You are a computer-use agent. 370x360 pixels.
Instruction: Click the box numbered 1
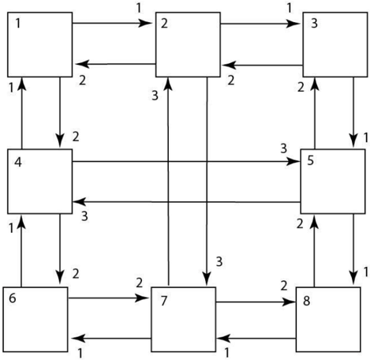coord(40,44)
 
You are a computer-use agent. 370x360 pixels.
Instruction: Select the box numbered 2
coord(188,44)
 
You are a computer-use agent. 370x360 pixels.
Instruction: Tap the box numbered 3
coord(335,44)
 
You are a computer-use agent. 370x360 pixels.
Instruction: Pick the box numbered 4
coord(40,182)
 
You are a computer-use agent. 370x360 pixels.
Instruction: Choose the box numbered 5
coord(333,182)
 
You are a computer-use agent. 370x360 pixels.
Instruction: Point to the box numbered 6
coord(36,319)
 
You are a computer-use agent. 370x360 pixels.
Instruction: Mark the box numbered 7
coord(184,319)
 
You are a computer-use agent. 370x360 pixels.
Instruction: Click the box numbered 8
coord(328,319)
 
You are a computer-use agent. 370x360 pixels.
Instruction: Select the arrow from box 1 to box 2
coord(112,23)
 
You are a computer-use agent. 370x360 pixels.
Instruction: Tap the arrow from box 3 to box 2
coord(262,65)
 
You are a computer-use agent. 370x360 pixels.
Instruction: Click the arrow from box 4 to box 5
coord(186,161)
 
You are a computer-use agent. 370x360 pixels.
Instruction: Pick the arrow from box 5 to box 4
coord(187,202)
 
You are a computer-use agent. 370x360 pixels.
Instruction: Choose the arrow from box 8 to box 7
coord(256,338)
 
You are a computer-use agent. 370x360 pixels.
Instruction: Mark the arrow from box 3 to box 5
coord(353,112)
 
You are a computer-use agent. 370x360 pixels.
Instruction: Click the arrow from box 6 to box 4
coord(21,250)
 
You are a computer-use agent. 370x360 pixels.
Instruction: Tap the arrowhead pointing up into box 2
coord(169,84)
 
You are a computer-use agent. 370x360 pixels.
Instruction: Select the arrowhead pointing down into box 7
coord(207,279)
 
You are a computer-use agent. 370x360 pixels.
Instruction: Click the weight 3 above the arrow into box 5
coord(283,148)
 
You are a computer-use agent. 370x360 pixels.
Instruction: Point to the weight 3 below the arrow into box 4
coord(84,216)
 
